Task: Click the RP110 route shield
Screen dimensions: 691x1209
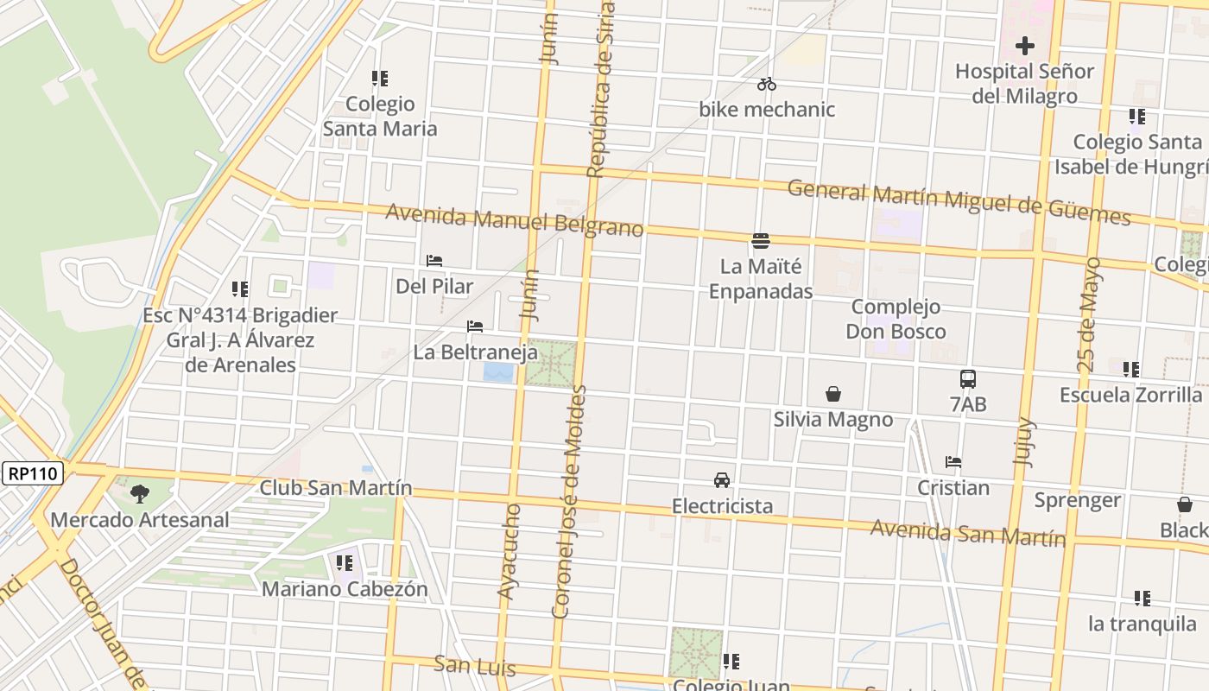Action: pos(34,473)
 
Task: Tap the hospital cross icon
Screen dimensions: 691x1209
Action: pos(1025,45)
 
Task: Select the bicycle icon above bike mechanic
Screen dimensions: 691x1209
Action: pos(767,84)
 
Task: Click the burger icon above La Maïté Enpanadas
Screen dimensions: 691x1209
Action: pos(761,240)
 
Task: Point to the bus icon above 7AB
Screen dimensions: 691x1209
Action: pos(968,378)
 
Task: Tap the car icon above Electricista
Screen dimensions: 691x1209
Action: pos(722,479)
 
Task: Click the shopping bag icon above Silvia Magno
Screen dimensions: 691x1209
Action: pos(833,394)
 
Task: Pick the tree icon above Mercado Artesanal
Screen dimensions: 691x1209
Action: pos(139,494)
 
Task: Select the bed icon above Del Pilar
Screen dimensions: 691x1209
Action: pos(434,260)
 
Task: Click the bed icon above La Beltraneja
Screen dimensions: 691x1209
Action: pos(475,326)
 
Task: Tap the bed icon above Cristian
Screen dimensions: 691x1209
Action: pos(953,462)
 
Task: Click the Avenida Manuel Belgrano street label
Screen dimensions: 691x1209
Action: pos(515,220)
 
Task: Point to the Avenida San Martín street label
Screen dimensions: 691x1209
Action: pos(967,533)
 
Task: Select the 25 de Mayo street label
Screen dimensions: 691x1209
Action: pos(1090,314)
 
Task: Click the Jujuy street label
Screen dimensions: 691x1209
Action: pos(1025,441)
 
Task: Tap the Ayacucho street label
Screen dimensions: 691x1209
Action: pos(509,551)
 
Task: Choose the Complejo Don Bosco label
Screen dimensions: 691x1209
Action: pos(896,319)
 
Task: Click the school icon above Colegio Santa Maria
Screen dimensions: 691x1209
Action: pos(380,79)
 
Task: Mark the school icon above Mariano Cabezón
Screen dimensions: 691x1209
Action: pos(345,564)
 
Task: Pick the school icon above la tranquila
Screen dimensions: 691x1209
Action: pos(1143,598)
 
